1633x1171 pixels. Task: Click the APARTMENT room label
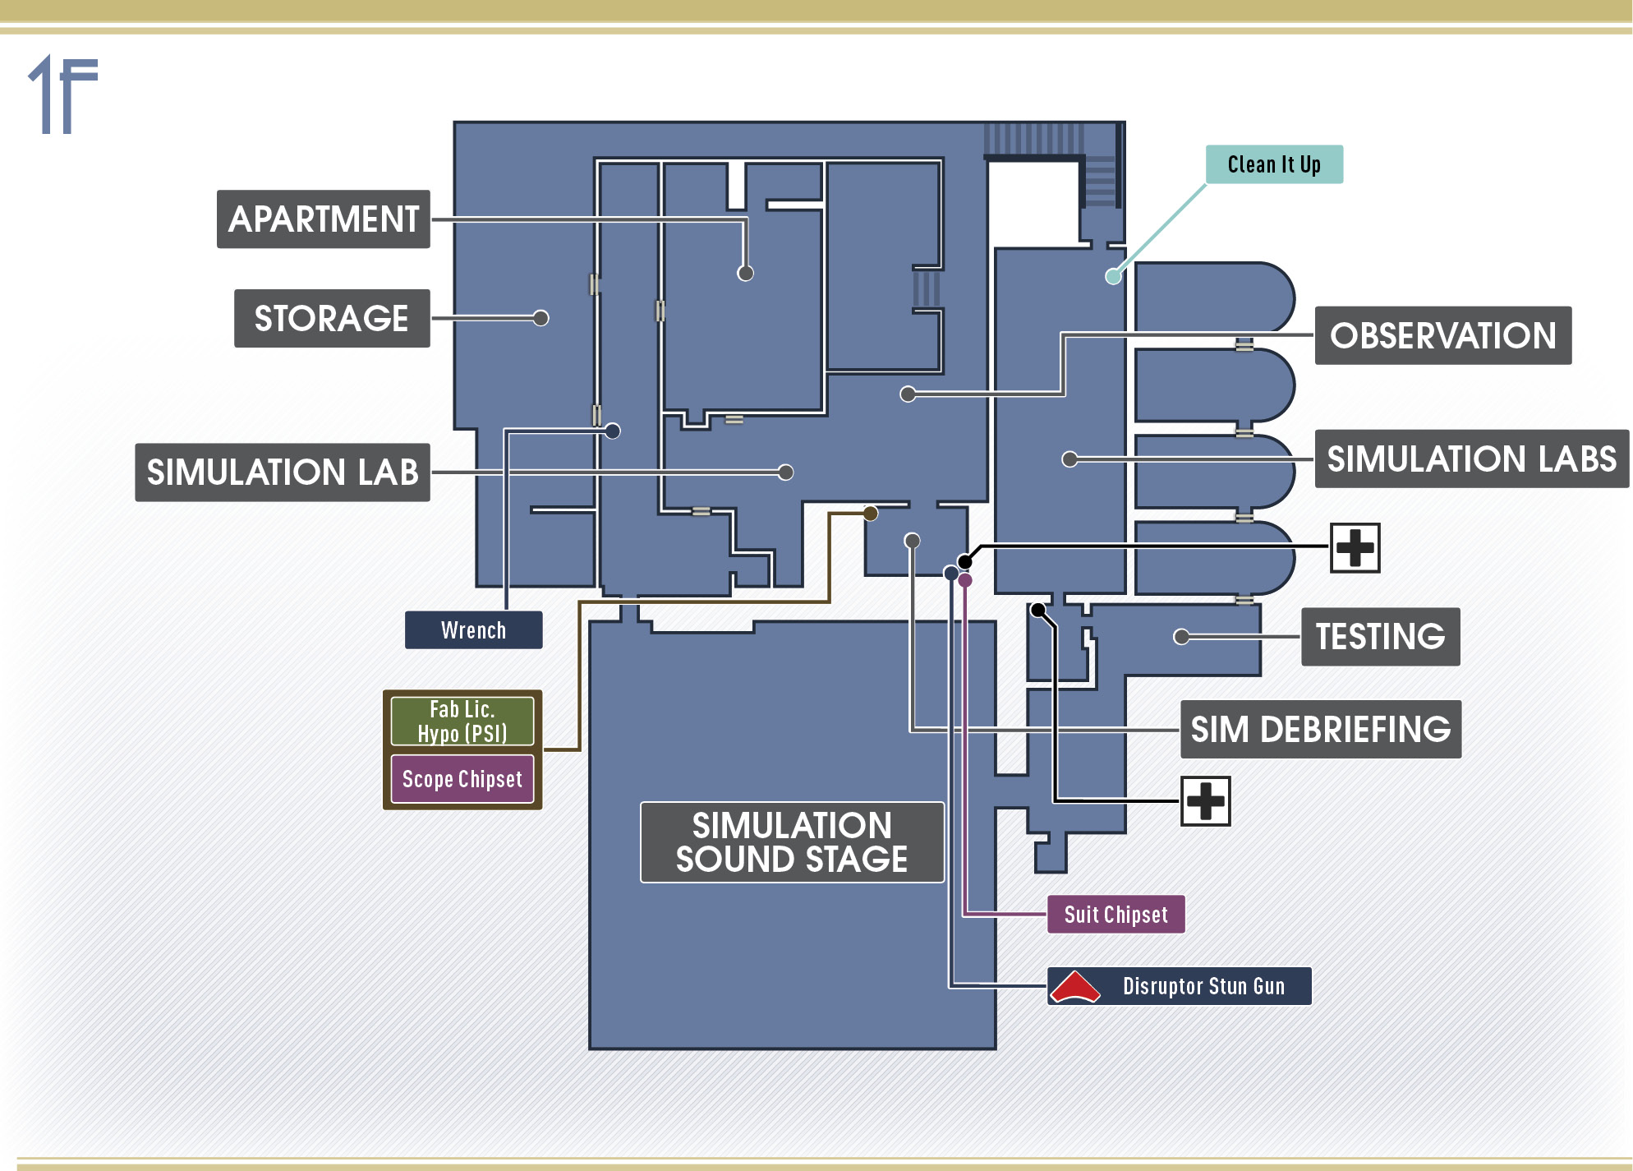(x=324, y=219)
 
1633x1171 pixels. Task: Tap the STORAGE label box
(x=332, y=318)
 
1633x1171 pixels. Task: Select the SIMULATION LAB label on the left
(x=283, y=473)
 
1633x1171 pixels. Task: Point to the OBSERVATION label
(x=1443, y=335)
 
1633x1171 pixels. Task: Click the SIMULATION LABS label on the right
(x=1472, y=459)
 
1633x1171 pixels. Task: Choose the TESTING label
(x=1381, y=637)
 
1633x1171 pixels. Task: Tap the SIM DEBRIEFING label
(x=1321, y=729)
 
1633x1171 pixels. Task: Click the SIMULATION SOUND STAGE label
(x=792, y=842)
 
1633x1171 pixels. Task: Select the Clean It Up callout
(x=1274, y=164)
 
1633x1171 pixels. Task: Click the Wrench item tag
(x=474, y=630)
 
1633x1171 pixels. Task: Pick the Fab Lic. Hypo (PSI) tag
(x=462, y=721)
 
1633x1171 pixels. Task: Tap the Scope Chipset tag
(x=462, y=779)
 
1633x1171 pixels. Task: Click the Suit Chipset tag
(x=1116, y=915)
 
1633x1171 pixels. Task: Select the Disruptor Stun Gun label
(x=1203, y=986)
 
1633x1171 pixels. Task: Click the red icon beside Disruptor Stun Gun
(x=1075, y=987)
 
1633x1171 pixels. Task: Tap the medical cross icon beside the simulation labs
(x=1355, y=548)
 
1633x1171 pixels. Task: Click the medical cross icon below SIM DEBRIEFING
(x=1206, y=801)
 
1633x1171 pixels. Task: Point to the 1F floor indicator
(x=63, y=94)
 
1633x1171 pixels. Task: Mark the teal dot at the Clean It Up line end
(x=1113, y=277)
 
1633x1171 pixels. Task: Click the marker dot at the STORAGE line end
(x=540, y=318)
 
